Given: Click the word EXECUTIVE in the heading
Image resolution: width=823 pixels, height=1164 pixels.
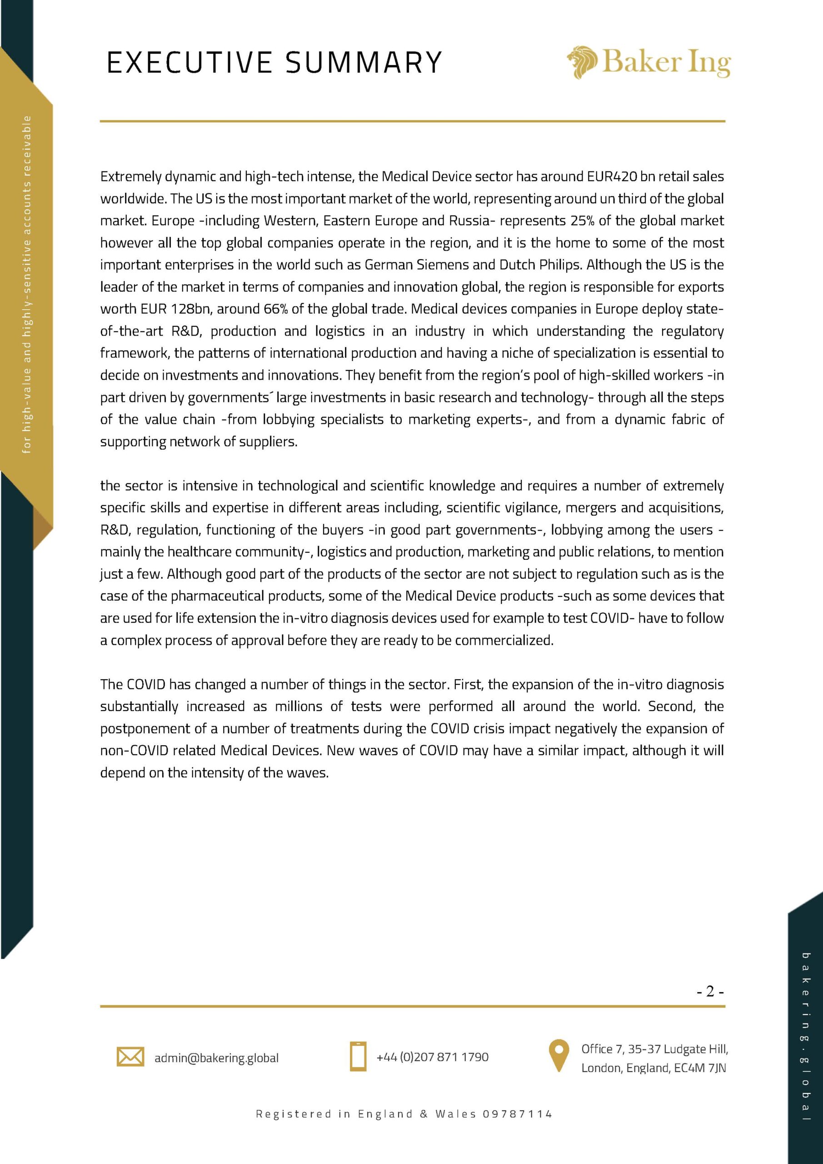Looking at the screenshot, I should click(189, 63).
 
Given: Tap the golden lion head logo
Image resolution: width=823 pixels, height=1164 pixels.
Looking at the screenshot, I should click(581, 62).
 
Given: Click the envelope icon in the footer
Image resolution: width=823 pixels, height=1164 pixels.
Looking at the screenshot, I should click(130, 1057).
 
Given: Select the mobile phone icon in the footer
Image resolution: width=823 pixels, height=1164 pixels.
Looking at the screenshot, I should click(358, 1057).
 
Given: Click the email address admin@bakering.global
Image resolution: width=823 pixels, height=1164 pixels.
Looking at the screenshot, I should click(216, 1058).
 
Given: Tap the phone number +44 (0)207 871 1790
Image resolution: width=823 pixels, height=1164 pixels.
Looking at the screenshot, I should click(432, 1057).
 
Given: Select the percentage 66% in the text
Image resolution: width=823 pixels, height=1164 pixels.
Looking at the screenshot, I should click(276, 309).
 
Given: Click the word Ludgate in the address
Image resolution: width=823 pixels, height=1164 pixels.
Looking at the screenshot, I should click(683, 1049).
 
